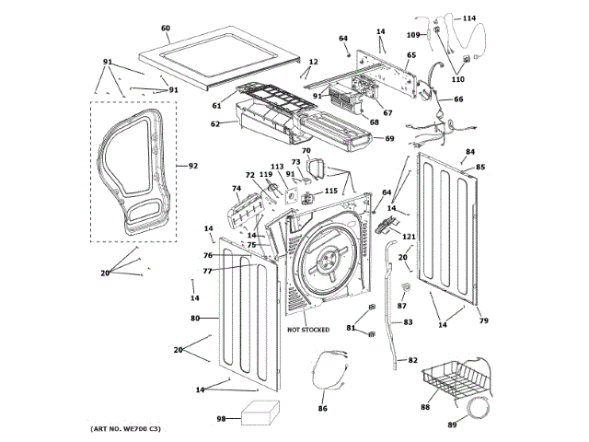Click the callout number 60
click(166, 29)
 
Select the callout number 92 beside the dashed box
click(193, 167)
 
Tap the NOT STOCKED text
click(308, 329)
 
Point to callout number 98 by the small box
click(222, 419)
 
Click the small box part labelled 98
click(261, 415)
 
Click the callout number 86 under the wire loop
click(323, 408)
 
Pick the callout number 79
click(482, 320)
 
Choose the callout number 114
click(469, 18)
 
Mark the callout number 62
click(215, 123)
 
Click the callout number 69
click(389, 138)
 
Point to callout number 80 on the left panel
click(195, 319)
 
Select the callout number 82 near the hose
click(412, 360)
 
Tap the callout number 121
click(410, 238)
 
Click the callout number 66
click(458, 99)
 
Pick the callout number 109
click(413, 35)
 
